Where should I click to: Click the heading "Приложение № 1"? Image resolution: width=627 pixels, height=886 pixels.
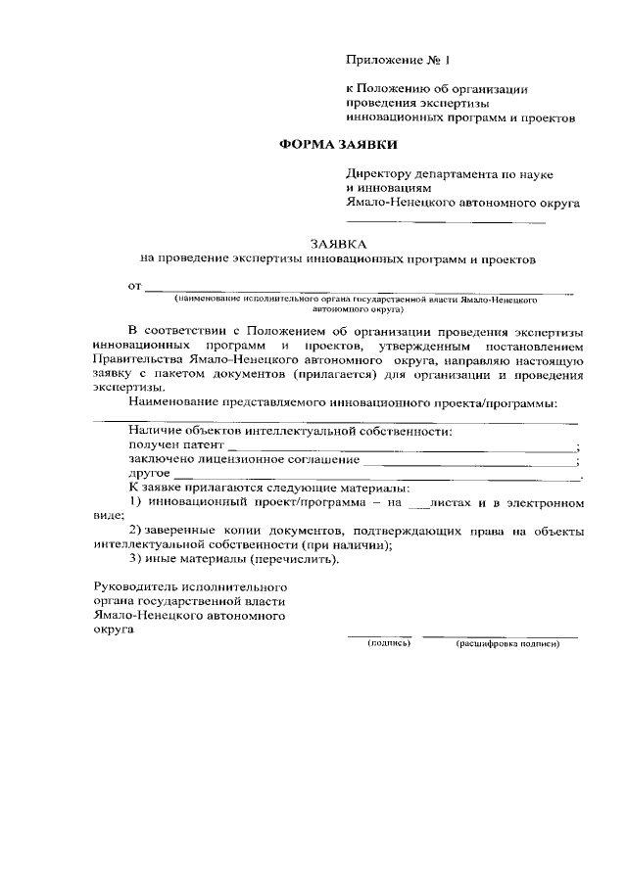(397, 61)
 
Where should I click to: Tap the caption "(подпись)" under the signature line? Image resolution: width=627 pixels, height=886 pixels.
(388, 643)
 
